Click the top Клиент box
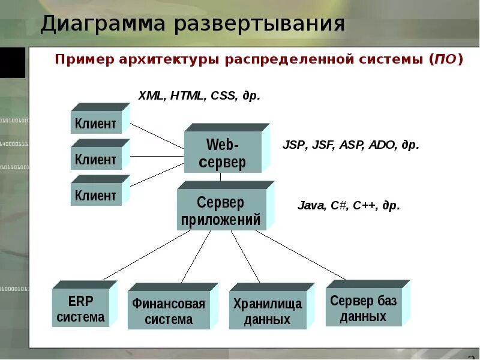coord(96,122)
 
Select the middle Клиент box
coord(96,159)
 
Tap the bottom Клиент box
coord(96,194)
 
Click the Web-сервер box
coord(223,152)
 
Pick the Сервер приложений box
coord(221,211)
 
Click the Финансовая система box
coord(169,311)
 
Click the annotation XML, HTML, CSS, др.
coord(199,95)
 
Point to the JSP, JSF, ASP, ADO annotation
coord(350,145)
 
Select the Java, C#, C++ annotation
coord(349,205)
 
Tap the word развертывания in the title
coord(260,25)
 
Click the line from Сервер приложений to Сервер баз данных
coord(300,255)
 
